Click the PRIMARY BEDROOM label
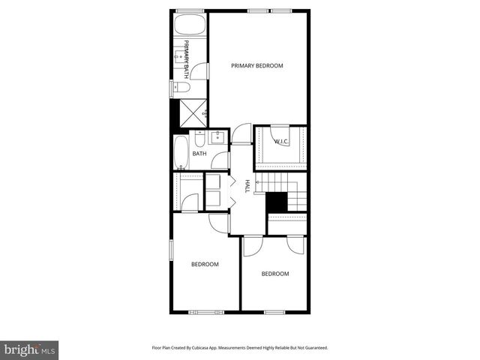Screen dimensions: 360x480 (x=257, y=66)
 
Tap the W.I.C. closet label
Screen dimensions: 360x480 (x=281, y=141)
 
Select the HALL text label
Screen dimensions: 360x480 (x=246, y=186)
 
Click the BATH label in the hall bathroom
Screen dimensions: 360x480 (x=199, y=154)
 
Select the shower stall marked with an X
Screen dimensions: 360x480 (x=191, y=113)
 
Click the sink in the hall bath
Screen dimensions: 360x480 (x=217, y=138)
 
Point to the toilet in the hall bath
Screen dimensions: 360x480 (x=199, y=138)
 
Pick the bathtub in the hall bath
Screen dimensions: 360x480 (x=181, y=153)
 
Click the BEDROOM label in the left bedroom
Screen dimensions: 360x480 (x=204, y=264)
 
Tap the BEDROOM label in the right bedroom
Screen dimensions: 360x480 (x=274, y=274)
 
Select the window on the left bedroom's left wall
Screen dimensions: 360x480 (x=171, y=250)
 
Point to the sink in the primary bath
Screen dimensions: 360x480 (x=181, y=54)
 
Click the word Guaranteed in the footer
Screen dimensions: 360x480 (x=313, y=348)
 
